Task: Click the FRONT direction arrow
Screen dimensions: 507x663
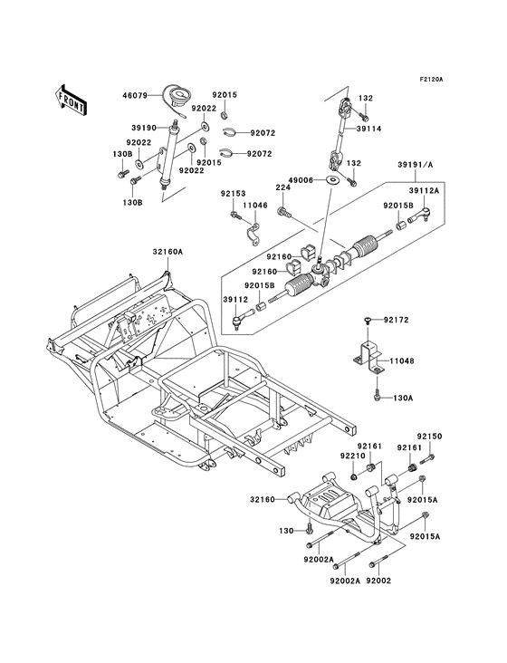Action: click(x=71, y=100)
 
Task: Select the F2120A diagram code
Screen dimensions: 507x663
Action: click(x=431, y=79)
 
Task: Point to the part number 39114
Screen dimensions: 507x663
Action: click(x=368, y=129)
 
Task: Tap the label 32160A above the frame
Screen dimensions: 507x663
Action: click(x=167, y=252)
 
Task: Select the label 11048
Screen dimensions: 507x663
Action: click(x=402, y=361)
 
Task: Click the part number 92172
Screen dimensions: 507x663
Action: click(x=396, y=320)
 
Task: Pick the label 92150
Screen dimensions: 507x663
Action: click(x=430, y=437)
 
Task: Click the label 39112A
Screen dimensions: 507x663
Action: click(x=424, y=191)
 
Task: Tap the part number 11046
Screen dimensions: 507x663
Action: click(x=254, y=205)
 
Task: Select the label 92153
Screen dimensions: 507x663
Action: click(x=233, y=194)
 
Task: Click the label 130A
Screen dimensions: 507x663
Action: click(x=405, y=398)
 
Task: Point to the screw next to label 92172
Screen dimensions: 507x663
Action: click(x=367, y=322)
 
